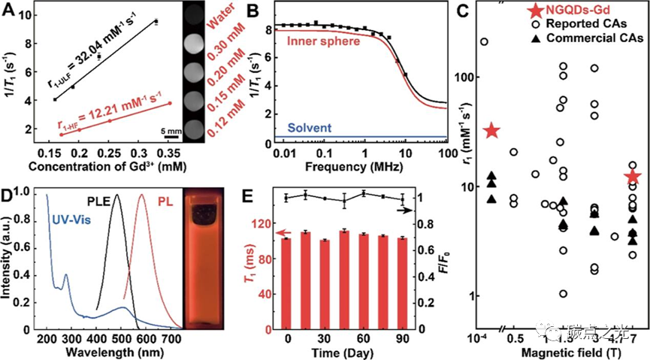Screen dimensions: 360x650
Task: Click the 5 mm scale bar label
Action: point(172,130)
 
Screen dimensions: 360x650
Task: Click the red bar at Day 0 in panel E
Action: point(286,283)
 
